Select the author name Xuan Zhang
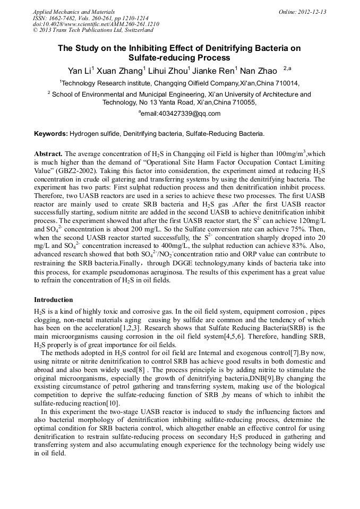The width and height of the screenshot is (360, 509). click(115, 71)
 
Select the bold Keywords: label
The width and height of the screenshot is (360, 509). click(52, 134)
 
